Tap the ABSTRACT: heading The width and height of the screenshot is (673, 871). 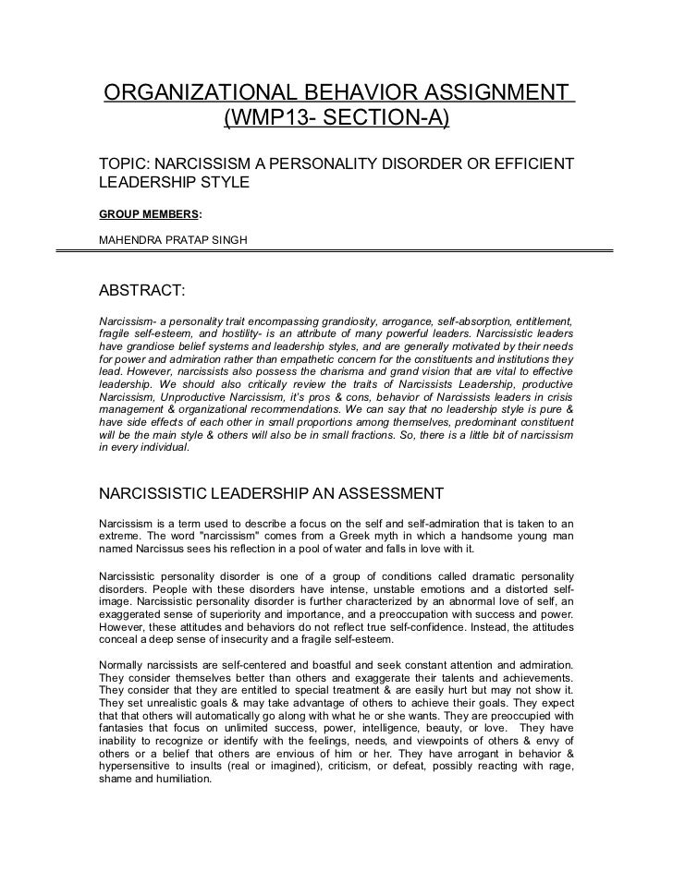tap(142, 292)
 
